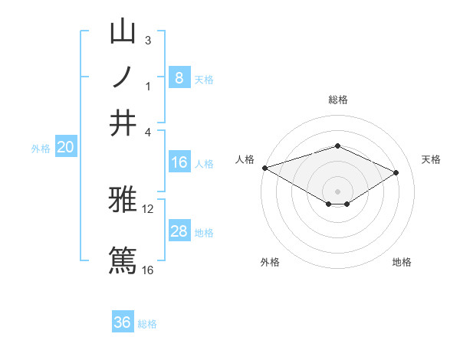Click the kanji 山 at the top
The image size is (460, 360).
[123, 32]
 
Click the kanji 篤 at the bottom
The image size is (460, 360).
[123, 260]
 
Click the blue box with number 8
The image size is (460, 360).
[179, 77]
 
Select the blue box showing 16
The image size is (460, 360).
[179, 162]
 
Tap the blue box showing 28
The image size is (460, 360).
[179, 231]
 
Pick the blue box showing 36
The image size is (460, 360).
[123, 322]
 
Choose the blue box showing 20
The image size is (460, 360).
[65, 148]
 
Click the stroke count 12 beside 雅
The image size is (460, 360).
[148, 208]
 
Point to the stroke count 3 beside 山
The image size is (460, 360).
[148, 40]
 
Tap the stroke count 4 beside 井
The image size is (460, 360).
[148, 131]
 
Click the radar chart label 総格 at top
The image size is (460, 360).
[337, 100]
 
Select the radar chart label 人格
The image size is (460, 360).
[245, 159]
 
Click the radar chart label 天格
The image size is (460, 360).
[431, 159]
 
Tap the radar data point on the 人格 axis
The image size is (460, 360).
[264, 168]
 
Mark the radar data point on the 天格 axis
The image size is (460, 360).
[396, 172]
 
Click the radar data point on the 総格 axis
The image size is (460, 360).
[337, 146]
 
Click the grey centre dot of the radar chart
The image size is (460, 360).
[337, 191]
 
